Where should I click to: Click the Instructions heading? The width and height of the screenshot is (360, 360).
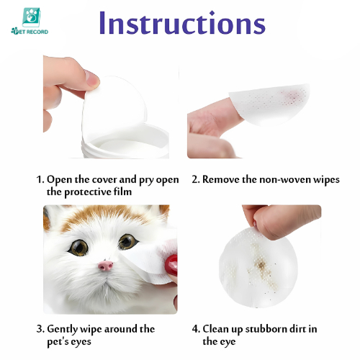182,22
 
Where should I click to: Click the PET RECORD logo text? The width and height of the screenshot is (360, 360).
30,32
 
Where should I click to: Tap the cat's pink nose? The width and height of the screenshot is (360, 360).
105,266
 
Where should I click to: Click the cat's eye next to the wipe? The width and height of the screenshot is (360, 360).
128,241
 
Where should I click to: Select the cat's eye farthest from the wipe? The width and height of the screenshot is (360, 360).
78,247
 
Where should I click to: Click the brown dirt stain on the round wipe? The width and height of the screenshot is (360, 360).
261,265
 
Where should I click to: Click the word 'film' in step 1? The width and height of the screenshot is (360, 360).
123,192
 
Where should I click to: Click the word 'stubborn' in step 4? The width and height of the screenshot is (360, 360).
266,329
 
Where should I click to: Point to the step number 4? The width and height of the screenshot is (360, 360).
196,329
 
